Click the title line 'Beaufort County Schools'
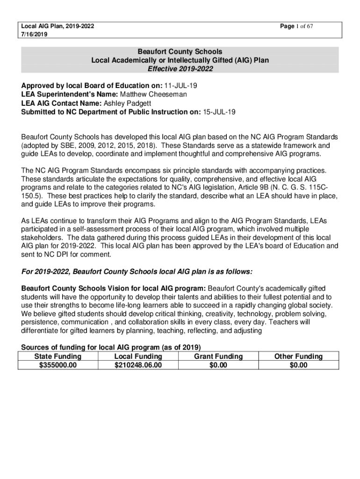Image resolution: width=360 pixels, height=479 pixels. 180,51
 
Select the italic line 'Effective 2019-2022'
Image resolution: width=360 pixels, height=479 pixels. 180,69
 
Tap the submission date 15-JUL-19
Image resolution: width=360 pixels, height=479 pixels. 219,112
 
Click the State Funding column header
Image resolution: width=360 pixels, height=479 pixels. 58,356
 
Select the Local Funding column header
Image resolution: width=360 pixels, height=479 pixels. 138,356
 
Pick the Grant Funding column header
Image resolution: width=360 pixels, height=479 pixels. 218,356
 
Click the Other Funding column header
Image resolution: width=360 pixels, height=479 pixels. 298,356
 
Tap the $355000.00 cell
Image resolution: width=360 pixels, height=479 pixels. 58,365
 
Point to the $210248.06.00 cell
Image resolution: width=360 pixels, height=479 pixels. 138,365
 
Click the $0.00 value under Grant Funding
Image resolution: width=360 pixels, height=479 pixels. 218,365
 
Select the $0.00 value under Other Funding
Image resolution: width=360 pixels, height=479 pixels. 298,365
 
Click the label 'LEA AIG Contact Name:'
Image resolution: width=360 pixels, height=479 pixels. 61,103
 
